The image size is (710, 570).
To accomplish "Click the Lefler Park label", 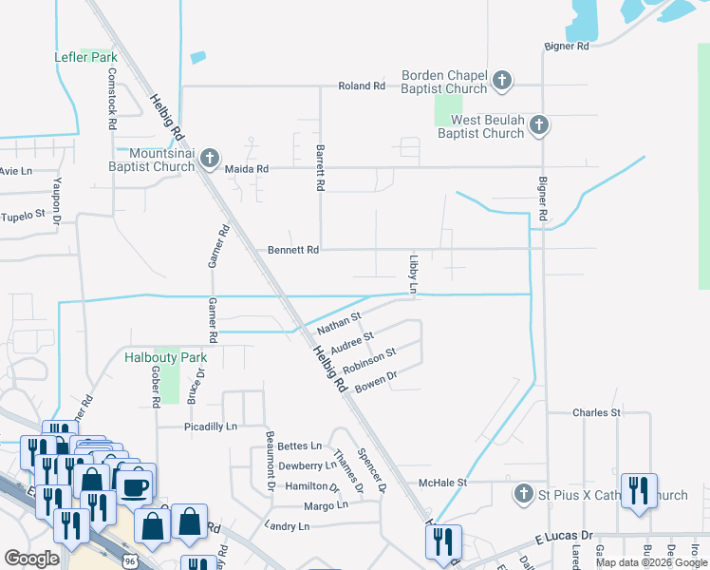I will [85, 57].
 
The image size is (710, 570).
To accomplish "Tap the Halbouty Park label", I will [165, 357].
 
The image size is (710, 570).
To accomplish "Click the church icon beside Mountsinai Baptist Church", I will [211, 158].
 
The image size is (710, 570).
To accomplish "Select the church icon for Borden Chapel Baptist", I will [502, 81].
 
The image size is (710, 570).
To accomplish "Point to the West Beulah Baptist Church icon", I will [538, 124].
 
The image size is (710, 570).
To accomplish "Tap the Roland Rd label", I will [362, 86].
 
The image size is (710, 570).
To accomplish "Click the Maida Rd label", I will [247, 169].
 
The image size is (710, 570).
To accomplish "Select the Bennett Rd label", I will [293, 250].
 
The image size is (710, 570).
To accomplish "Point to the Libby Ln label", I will [414, 274].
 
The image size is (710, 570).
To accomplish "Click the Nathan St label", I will [339, 322].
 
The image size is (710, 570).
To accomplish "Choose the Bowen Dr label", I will [374, 383].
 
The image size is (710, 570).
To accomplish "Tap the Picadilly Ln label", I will [210, 427].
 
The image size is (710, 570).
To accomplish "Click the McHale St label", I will [444, 483].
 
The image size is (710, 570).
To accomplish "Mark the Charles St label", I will [596, 413].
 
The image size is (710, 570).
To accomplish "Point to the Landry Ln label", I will [290, 525].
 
